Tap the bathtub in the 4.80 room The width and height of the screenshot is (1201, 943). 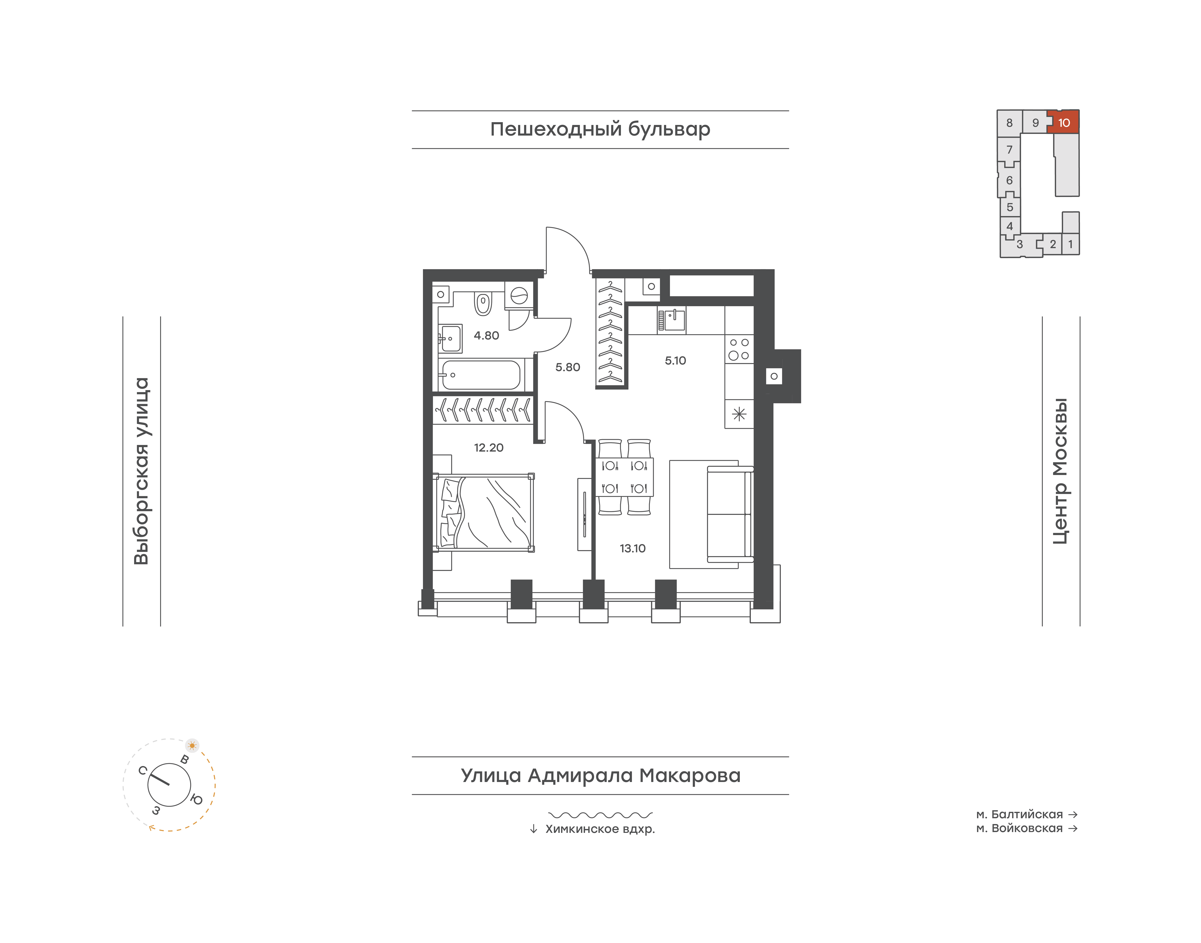481,375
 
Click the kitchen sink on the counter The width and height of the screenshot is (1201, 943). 671,320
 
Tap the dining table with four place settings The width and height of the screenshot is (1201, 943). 624,477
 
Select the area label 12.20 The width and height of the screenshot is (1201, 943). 488,448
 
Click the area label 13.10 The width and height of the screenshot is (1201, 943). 633,548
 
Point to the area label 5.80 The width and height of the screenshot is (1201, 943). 567,367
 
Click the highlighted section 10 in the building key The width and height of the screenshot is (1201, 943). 1063,122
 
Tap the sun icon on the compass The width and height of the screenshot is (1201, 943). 192,745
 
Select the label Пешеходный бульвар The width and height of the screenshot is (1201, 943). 600,129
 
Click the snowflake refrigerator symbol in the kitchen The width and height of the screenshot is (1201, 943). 739,414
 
